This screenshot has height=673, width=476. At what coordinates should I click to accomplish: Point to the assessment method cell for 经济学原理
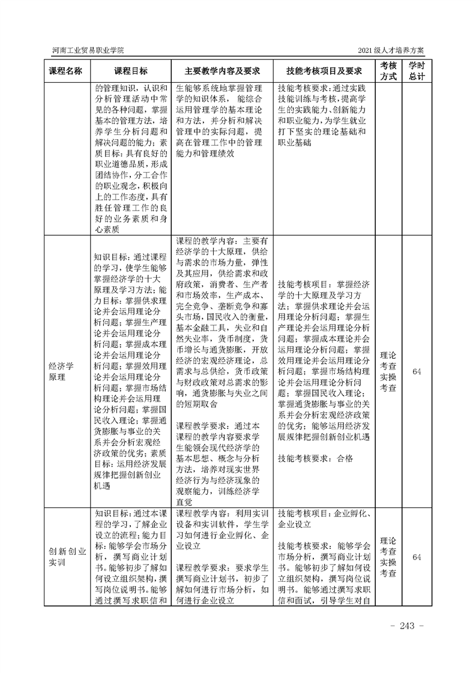coord(388,371)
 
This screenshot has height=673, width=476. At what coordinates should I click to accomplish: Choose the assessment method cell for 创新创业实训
coord(388,557)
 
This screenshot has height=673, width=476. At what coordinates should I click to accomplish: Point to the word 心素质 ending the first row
coord(106,229)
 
